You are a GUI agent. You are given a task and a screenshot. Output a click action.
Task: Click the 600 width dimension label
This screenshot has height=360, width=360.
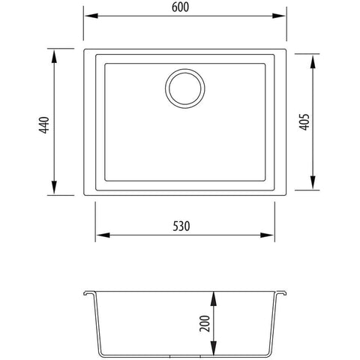pos(183,7)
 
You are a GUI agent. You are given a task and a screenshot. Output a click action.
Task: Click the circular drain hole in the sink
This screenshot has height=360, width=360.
pos(182,89)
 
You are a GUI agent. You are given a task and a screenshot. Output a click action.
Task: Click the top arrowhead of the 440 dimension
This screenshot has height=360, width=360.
pos(54,54)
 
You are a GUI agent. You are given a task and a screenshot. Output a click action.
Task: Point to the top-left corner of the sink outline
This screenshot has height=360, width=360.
pos(84,51)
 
